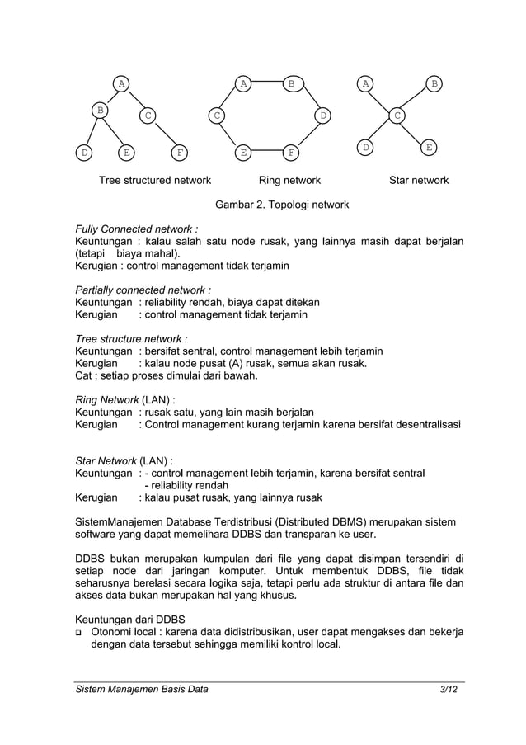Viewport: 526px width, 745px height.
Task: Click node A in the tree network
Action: click(122, 83)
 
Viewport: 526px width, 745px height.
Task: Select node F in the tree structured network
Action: click(179, 153)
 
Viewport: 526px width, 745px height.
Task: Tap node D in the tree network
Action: click(83, 153)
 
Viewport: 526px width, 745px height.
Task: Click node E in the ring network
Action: click(243, 153)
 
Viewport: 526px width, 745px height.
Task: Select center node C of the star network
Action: click(397, 116)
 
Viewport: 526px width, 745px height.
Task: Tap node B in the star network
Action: click(434, 83)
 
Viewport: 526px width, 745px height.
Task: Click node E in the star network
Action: click(428, 147)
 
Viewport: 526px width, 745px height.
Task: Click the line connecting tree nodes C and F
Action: click(163, 134)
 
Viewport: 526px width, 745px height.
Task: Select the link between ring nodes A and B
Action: click(266, 83)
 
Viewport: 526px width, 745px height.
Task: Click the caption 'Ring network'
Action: click(289, 180)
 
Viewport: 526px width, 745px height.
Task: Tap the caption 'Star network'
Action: click(419, 180)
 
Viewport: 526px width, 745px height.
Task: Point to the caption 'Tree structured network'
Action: click(155, 180)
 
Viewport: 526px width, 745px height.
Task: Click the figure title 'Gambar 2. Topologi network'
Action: click(282, 205)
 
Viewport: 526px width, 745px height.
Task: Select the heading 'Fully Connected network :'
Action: click(136, 229)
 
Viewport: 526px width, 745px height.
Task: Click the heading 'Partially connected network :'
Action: click(143, 290)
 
